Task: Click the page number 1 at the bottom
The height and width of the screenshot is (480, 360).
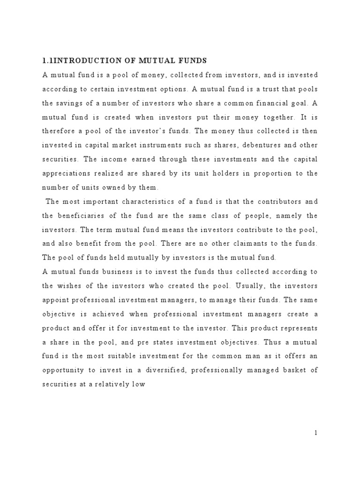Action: coord(316,433)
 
